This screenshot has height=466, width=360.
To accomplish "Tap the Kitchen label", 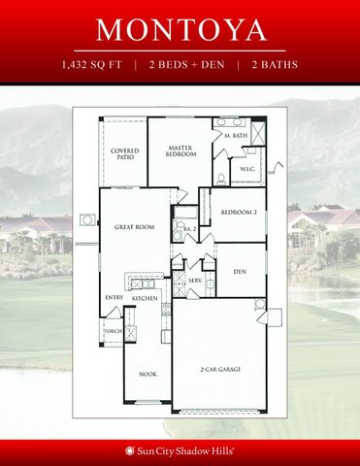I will click(146, 298).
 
